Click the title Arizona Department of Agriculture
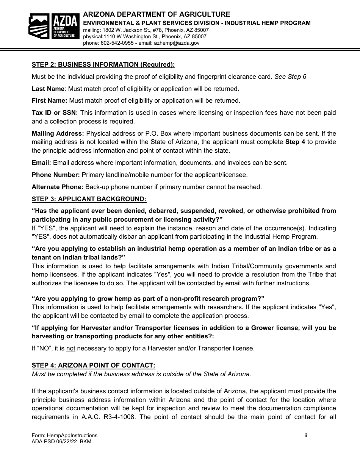point(157,14)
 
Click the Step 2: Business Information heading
point(103,64)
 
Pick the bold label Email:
point(41,163)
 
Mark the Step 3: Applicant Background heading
point(89,199)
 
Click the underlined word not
point(71,349)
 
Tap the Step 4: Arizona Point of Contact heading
point(94,366)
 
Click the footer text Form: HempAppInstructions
point(64,436)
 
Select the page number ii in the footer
point(306,436)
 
